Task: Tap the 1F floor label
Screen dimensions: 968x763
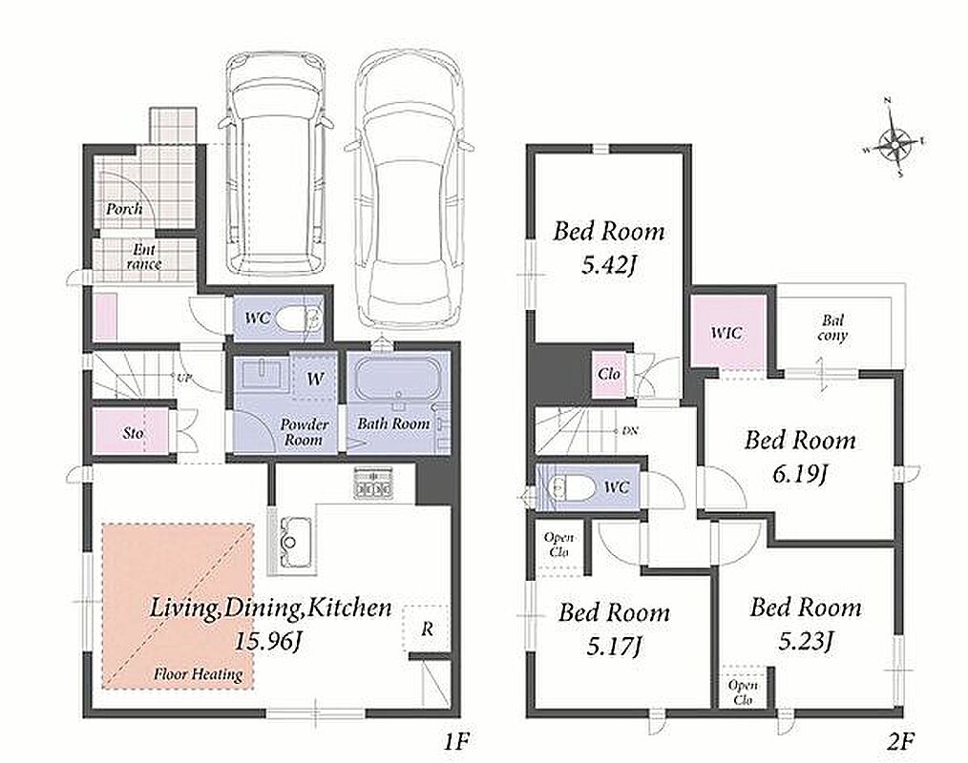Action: point(457,740)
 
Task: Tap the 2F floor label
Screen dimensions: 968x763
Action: point(901,740)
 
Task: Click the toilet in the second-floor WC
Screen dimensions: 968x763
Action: point(571,487)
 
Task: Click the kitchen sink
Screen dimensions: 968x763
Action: point(289,543)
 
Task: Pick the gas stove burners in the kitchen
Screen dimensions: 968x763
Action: point(373,483)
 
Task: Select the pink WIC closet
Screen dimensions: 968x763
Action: point(726,332)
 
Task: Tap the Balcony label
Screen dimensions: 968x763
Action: point(832,328)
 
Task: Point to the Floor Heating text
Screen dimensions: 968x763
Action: point(198,674)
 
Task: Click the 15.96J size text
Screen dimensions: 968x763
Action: point(267,642)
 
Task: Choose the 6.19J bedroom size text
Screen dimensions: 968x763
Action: point(799,474)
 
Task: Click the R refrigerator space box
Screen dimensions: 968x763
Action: point(426,629)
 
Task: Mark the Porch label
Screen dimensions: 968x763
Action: point(123,209)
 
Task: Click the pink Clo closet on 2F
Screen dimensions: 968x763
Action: point(608,374)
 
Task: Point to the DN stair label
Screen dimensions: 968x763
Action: point(630,430)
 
